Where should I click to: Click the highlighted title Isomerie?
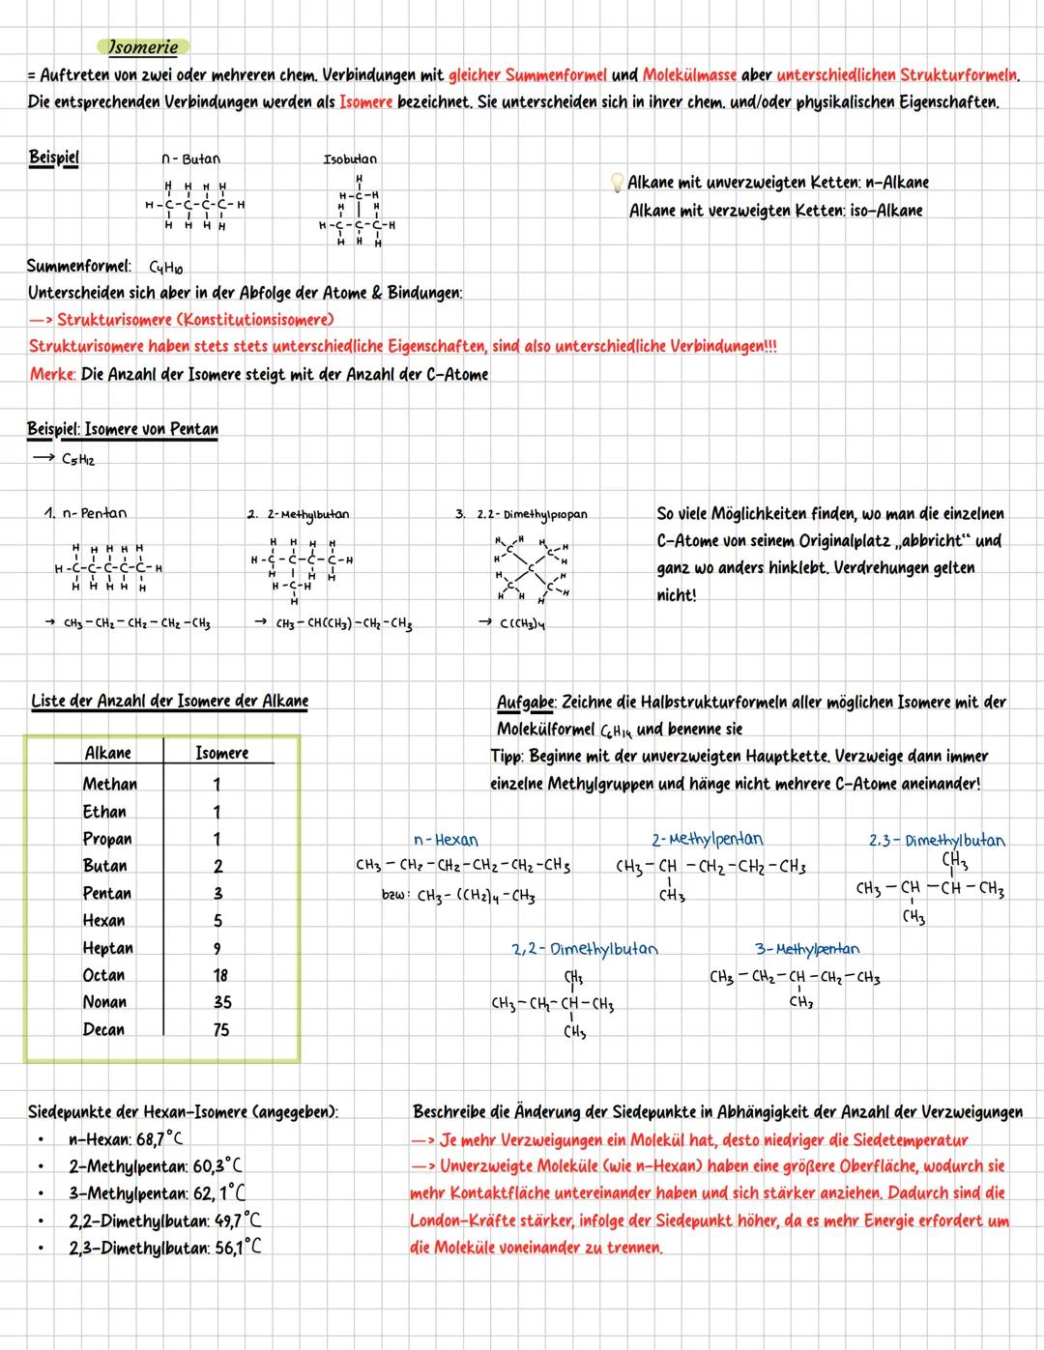(x=142, y=46)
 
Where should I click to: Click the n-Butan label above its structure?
(x=190, y=158)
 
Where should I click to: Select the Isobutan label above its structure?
(x=350, y=158)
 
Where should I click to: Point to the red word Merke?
(x=52, y=374)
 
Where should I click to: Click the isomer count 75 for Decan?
(x=220, y=1029)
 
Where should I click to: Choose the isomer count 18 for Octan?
(x=220, y=975)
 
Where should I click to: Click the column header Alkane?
(x=108, y=753)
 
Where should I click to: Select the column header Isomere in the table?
(x=221, y=753)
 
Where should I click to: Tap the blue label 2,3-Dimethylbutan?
(x=936, y=840)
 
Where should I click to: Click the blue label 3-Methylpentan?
(x=806, y=949)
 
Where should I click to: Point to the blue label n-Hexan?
(x=445, y=840)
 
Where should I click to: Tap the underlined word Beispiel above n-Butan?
(x=53, y=157)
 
